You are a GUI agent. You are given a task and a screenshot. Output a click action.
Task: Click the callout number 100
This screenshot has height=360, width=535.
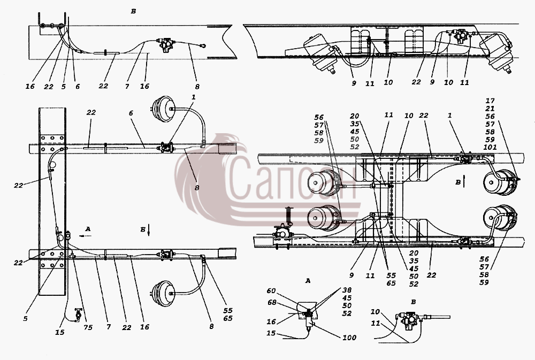click(349, 338)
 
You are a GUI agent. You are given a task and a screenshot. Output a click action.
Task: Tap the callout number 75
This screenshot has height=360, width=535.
click(88, 328)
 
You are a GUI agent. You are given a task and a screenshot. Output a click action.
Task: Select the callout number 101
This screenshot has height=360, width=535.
click(490, 148)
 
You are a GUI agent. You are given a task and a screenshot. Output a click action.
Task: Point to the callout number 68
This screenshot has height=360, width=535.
click(272, 302)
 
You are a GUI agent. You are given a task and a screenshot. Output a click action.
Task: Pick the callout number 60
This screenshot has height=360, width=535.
click(271, 291)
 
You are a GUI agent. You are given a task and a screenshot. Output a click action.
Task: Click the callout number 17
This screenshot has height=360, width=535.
click(490, 101)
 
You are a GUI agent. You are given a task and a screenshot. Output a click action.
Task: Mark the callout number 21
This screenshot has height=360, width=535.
click(490, 109)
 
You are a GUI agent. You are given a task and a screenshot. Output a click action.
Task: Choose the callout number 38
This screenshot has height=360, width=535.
click(347, 290)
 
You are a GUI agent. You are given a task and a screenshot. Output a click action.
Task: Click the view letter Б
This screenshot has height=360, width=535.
click(143, 229)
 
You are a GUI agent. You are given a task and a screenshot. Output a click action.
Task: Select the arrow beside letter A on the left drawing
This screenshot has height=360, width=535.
click(85, 235)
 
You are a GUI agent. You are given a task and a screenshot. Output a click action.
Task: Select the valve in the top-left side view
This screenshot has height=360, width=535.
click(165, 45)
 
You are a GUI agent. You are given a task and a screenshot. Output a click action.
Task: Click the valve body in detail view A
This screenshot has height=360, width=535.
click(309, 319)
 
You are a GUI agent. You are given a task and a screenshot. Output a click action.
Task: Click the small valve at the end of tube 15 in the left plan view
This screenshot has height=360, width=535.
click(79, 314)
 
